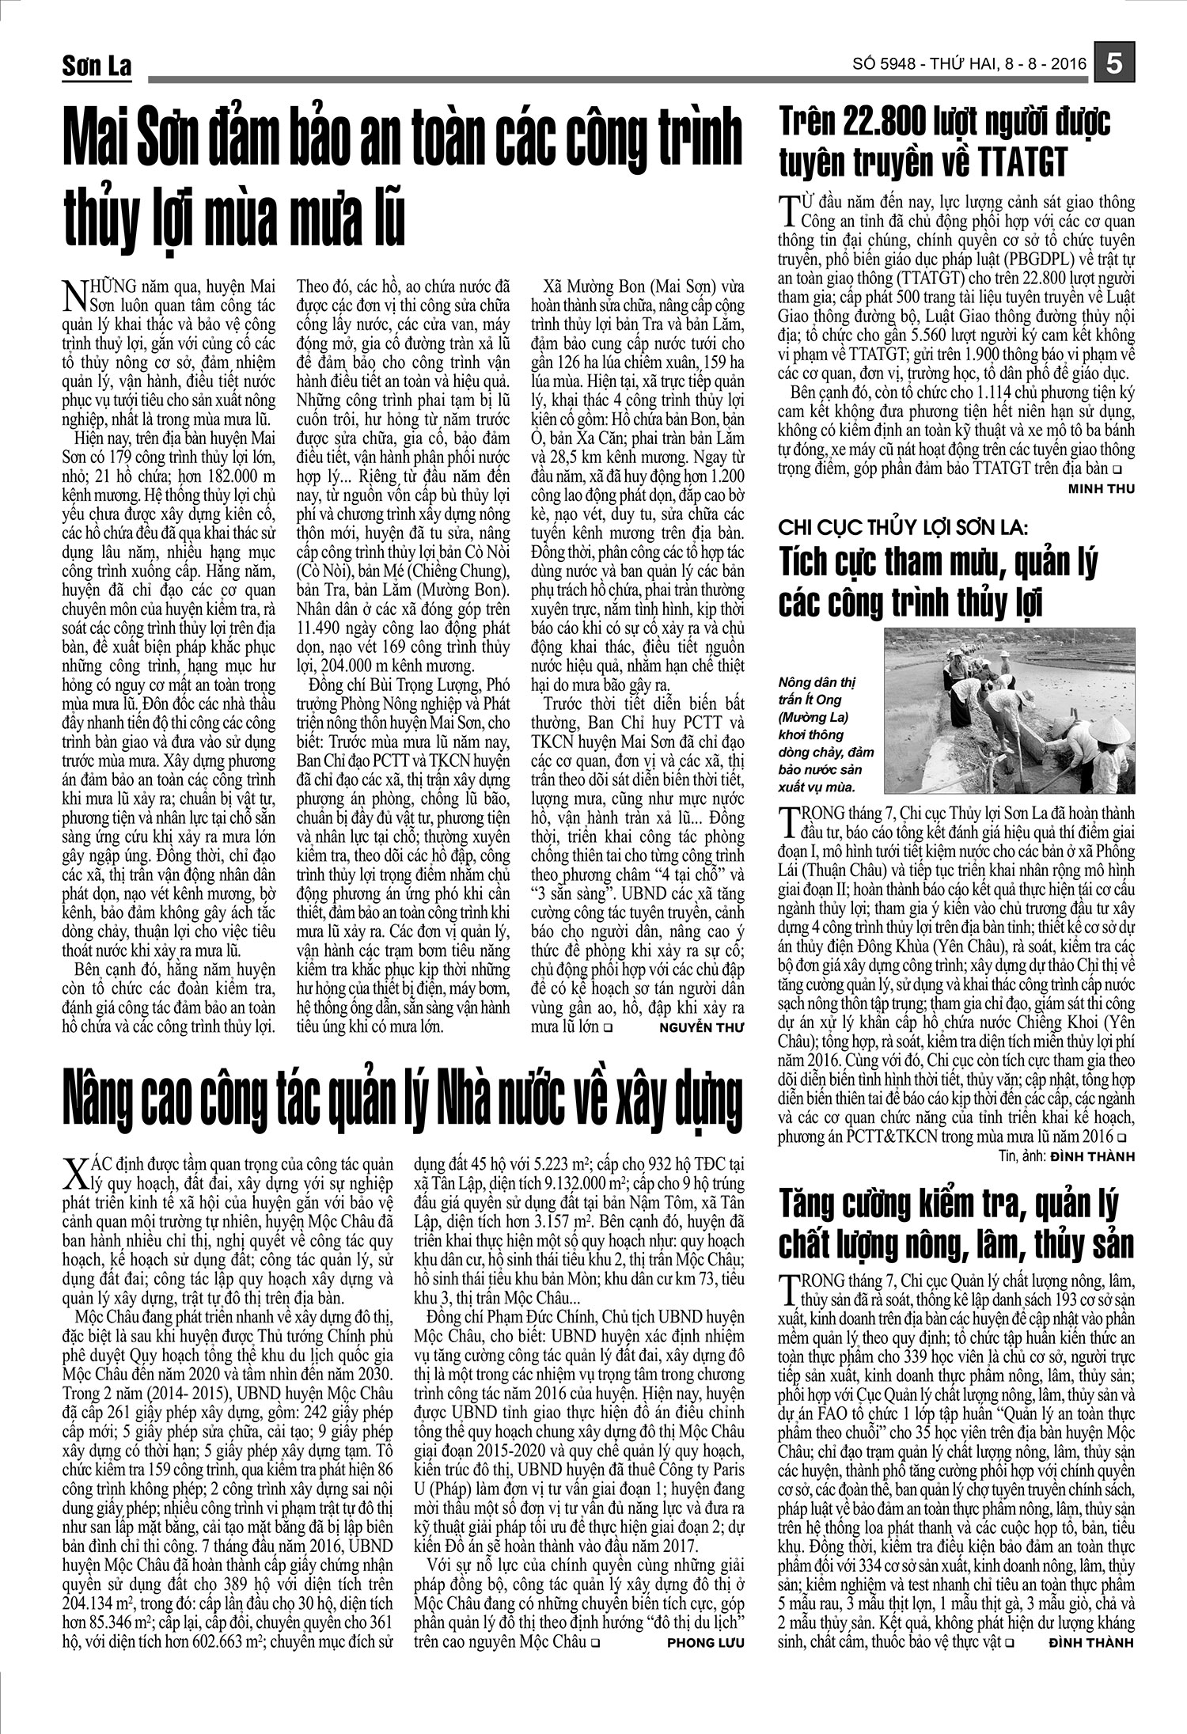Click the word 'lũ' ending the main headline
(379, 215)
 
